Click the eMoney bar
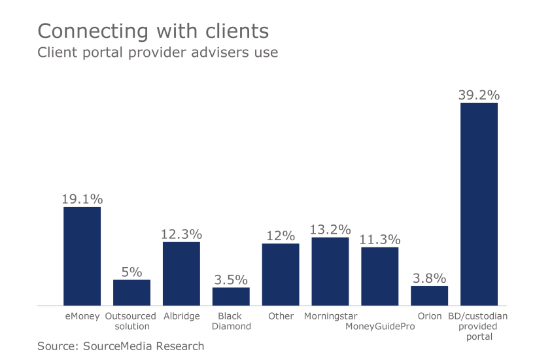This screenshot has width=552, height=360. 82,256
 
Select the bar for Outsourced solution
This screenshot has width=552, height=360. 131,292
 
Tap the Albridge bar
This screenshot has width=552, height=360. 181,274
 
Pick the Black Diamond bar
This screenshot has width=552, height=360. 231,296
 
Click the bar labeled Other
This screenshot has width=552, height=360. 281,274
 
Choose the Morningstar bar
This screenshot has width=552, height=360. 330,271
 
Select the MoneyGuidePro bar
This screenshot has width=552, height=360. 380,276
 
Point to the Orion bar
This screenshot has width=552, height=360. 430,295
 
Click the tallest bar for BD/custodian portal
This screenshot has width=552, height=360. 479,204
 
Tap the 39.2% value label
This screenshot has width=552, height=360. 479,94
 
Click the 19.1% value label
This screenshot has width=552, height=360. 82,198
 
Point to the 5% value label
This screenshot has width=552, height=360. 131,272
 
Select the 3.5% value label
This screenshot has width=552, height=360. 231,279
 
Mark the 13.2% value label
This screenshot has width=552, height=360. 330,229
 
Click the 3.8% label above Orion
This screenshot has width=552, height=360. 430,278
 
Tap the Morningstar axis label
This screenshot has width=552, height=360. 330,316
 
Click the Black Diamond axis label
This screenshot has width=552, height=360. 231,321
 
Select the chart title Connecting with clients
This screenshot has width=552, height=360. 153,31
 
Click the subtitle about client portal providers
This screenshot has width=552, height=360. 158,52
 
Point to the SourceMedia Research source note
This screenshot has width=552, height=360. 121,346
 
